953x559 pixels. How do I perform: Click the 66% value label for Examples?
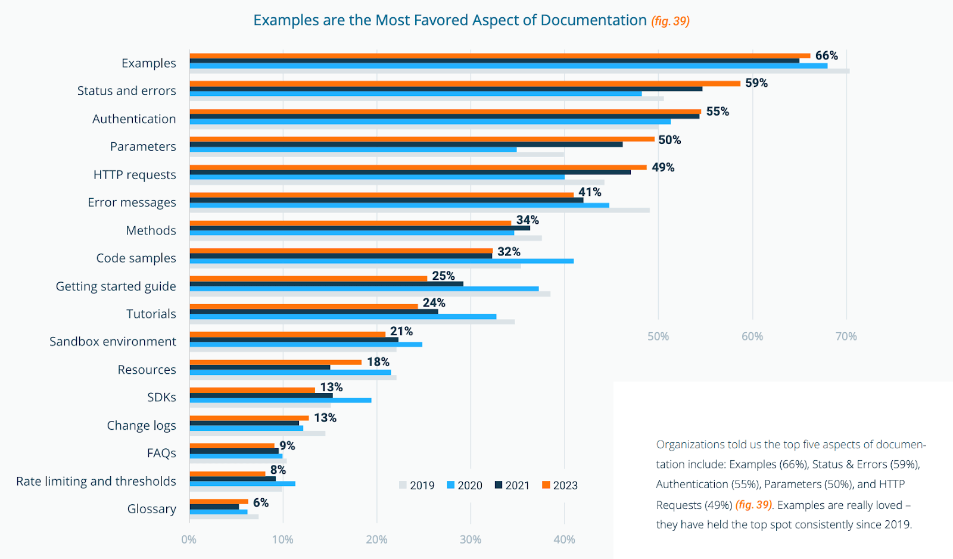coord(826,55)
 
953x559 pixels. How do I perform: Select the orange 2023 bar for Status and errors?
coord(465,83)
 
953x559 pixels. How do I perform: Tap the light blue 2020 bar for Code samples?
coord(381,261)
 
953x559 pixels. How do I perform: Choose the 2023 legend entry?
coord(560,485)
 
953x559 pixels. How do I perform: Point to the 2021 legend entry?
coord(512,485)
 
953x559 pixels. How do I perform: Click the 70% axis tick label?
coord(846,336)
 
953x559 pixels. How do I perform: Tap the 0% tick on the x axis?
coord(189,539)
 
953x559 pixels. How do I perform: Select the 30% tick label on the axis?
coord(471,539)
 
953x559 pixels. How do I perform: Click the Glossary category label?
coord(151,509)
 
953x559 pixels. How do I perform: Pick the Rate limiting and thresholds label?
coord(96,481)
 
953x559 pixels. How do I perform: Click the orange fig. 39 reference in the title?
coord(670,21)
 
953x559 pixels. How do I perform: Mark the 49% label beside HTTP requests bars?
coord(662,167)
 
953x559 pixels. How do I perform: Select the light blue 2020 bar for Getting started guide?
coord(364,289)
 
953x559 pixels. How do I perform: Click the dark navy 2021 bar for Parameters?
coord(406,144)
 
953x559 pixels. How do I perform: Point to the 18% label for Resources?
coord(378,362)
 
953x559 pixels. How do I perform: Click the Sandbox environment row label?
coord(113,342)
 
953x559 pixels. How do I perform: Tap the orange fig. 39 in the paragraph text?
coord(753,505)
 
